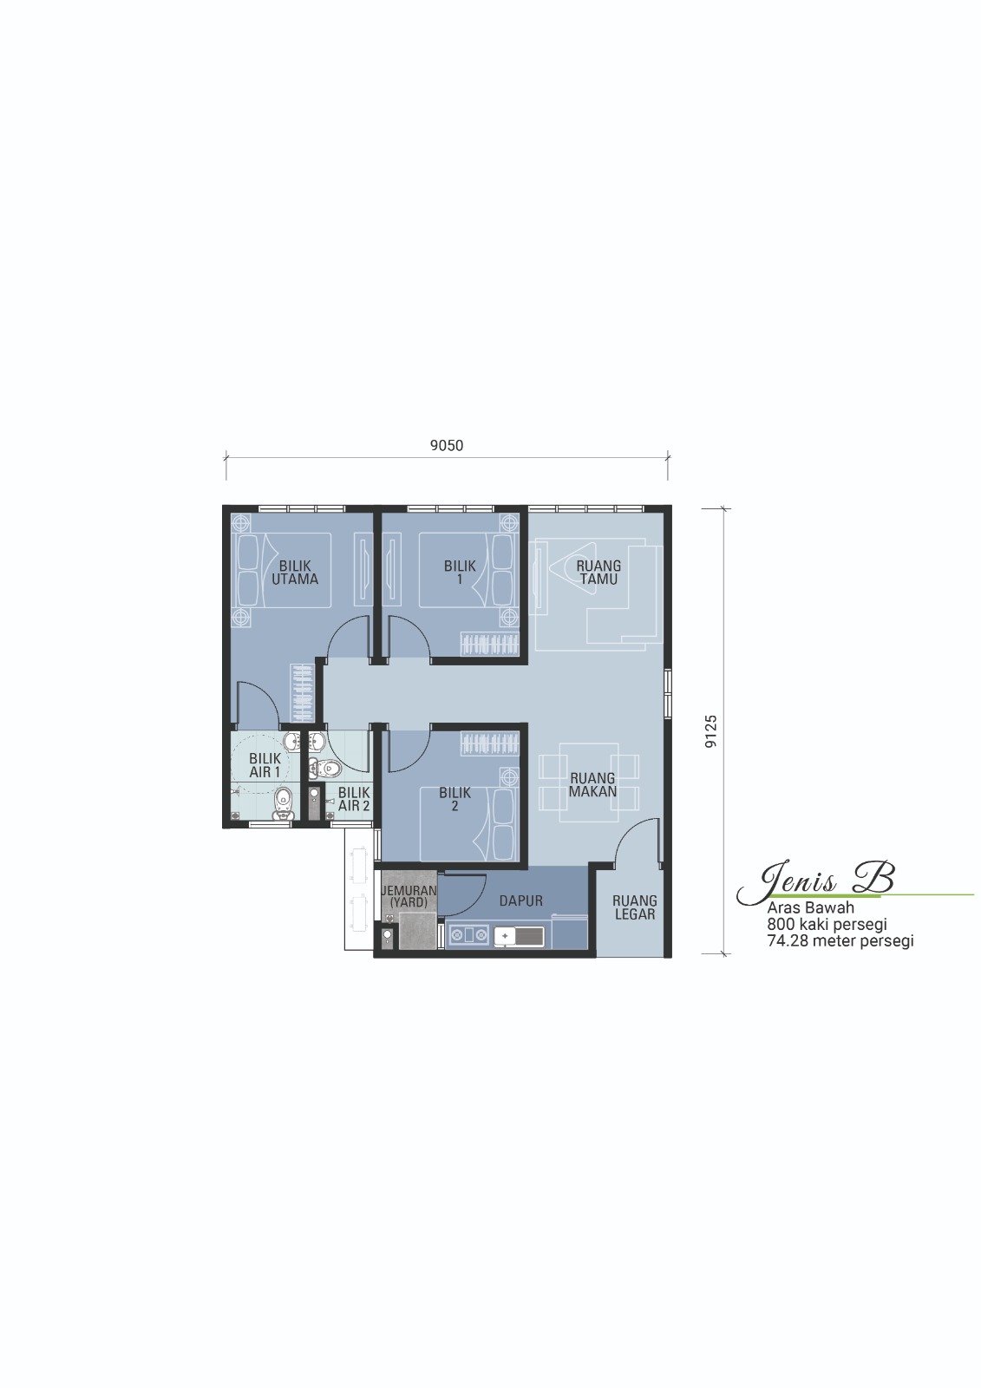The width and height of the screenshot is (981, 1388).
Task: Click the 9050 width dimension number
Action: [x=446, y=446]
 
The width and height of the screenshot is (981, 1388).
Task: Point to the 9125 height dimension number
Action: [x=710, y=731]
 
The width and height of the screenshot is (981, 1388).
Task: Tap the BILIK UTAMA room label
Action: [x=295, y=573]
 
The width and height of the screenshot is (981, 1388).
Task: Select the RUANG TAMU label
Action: [x=598, y=573]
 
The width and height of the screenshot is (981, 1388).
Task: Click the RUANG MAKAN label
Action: [x=592, y=784]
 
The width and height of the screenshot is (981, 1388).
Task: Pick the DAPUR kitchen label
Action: [x=520, y=901]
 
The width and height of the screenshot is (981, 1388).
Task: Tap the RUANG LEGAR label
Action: [x=635, y=907]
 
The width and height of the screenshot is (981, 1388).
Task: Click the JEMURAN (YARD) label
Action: [x=409, y=896]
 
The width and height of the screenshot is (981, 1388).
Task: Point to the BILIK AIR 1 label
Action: [x=265, y=765]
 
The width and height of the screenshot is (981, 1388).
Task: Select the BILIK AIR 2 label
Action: [x=354, y=799]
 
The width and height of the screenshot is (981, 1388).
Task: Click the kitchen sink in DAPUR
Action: [x=519, y=936]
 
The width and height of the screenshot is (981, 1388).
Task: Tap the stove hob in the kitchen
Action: [x=468, y=936]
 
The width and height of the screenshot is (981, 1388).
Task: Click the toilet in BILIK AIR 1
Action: [x=283, y=803]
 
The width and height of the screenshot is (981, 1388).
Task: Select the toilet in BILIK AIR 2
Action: [x=324, y=769]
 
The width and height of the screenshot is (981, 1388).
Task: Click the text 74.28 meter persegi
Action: [x=840, y=941]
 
